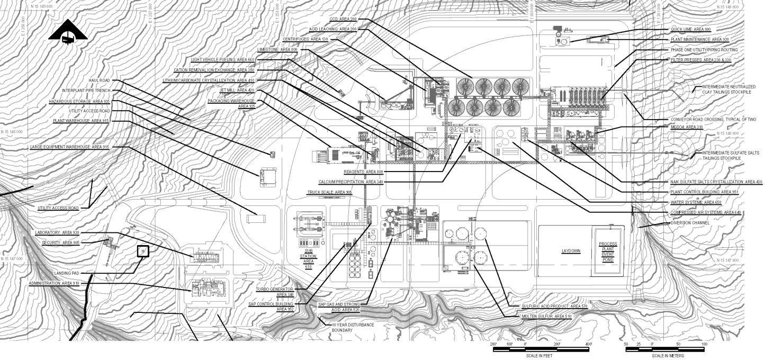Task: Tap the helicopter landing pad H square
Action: tap(142, 251)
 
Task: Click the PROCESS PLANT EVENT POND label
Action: tap(608, 252)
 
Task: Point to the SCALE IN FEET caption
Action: tap(539, 356)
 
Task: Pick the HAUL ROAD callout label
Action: tap(99, 80)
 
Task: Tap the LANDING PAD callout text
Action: tap(66, 274)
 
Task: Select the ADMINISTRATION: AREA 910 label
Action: tap(54, 284)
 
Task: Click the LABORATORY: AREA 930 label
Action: tap(57, 233)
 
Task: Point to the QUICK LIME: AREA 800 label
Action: tap(690, 30)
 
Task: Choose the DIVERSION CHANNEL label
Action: tap(690, 223)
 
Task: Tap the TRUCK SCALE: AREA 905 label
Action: tap(329, 192)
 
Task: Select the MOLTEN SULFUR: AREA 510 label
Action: tap(546, 316)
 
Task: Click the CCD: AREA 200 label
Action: tap(343, 19)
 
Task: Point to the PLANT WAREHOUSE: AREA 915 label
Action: tap(80, 121)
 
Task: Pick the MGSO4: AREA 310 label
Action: tap(687, 127)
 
